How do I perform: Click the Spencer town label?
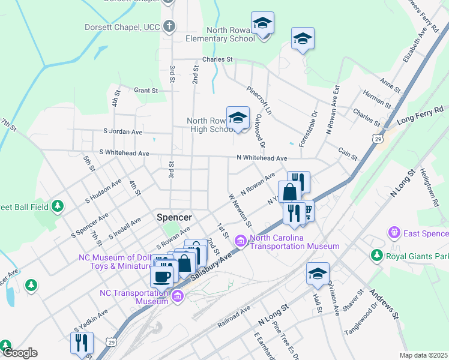[x=174, y=217]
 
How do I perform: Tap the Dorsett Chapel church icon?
[x=170, y=26]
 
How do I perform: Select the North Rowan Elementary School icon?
[x=262, y=23]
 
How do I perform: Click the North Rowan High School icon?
[x=238, y=118]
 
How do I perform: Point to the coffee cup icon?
[x=161, y=276]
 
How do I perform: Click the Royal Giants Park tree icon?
[x=376, y=256]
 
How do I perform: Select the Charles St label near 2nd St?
[x=217, y=59]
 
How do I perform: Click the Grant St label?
[x=145, y=91]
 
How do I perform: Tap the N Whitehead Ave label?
[x=262, y=158]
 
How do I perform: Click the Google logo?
[x=19, y=353]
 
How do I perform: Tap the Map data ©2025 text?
[x=423, y=355]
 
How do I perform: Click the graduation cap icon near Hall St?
[x=318, y=274]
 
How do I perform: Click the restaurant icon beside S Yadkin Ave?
[x=81, y=343]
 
